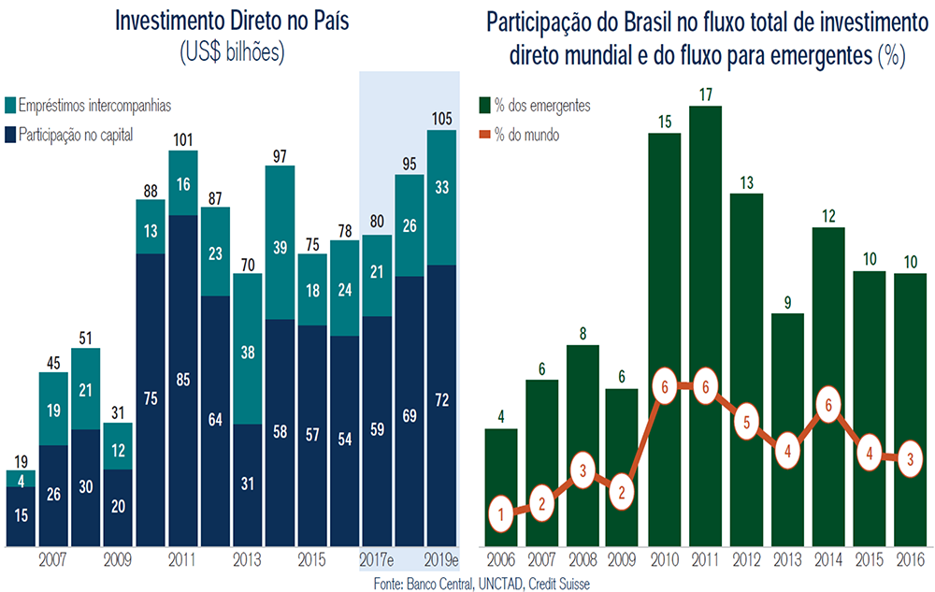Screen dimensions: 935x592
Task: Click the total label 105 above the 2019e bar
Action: [x=442, y=119]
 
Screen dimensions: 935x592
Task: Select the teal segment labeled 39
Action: [x=280, y=242]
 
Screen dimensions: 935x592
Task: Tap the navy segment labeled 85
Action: [x=183, y=381]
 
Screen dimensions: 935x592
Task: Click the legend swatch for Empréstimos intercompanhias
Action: [x=10, y=106]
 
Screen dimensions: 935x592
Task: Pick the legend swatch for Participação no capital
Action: [x=10, y=135]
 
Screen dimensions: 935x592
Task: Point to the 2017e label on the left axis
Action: [x=376, y=560]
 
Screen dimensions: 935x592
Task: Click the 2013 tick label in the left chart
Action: [x=247, y=560]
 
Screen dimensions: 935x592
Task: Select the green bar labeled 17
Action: [x=705, y=326]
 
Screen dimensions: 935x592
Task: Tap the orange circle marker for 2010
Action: [x=665, y=386]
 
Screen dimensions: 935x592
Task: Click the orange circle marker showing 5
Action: [x=746, y=423]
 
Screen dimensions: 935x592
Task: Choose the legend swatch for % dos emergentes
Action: [x=484, y=106]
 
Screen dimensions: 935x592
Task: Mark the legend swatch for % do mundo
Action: [x=484, y=135]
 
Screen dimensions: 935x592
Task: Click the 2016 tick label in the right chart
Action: [x=911, y=560]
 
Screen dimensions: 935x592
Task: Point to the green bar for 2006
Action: [x=501, y=487]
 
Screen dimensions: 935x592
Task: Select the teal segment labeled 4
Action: [x=21, y=479]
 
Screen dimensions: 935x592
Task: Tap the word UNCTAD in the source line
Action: [x=499, y=584]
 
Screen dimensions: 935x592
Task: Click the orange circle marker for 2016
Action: [x=910, y=459]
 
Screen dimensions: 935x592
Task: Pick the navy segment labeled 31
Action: [x=248, y=485]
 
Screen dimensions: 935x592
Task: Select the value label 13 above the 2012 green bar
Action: [x=746, y=183]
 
